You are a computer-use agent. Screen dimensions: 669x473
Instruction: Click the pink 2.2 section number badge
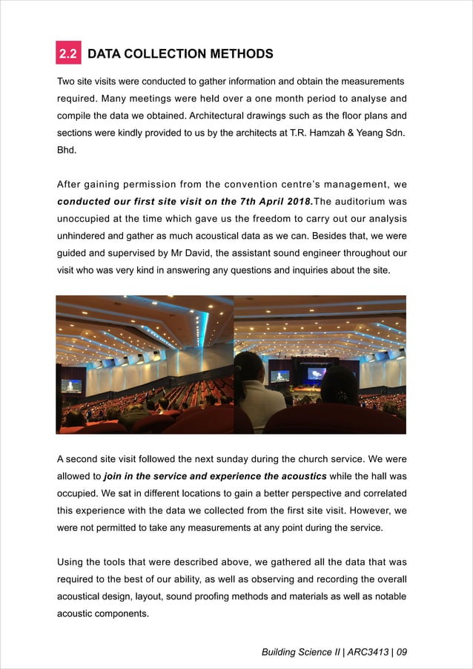pyautogui.click(x=69, y=53)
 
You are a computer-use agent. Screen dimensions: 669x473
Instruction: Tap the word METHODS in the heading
pyautogui.click(x=240, y=54)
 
